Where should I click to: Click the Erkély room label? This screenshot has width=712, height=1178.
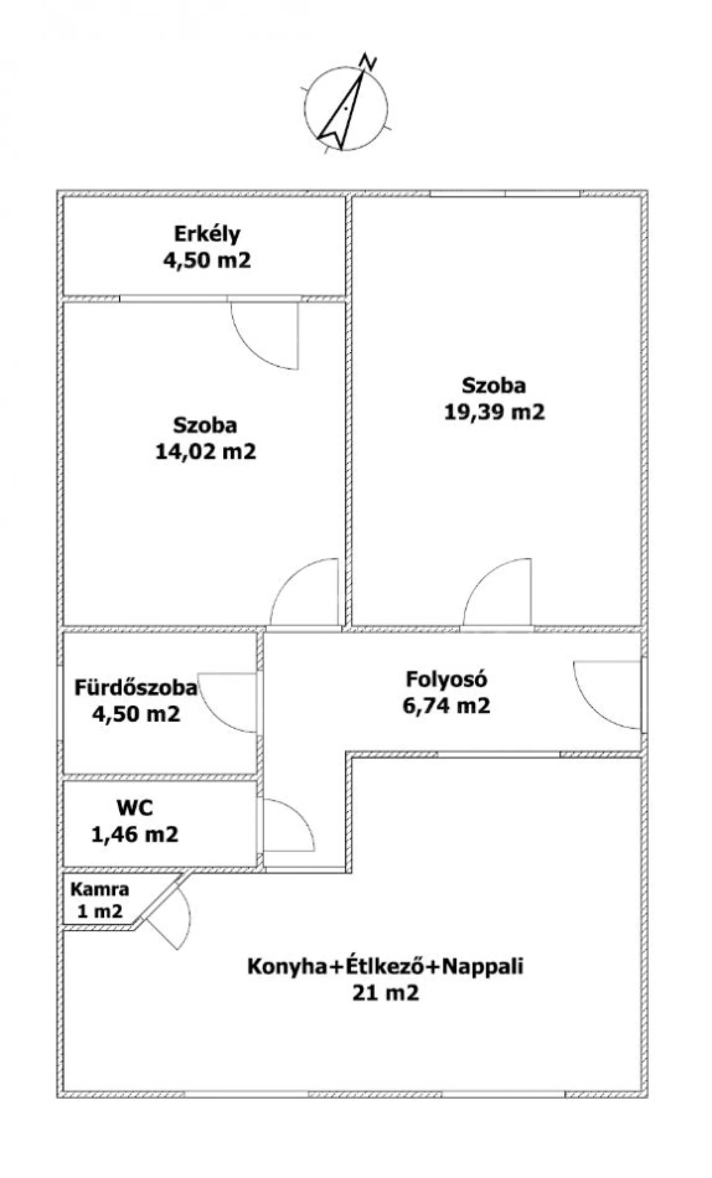tap(207, 234)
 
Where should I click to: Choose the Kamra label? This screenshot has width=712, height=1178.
tap(99, 889)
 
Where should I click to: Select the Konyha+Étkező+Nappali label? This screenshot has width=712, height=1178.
tap(385, 966)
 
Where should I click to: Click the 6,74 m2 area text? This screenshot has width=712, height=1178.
tap(446, 706)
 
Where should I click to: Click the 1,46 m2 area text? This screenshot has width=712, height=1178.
tap(135, 835)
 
